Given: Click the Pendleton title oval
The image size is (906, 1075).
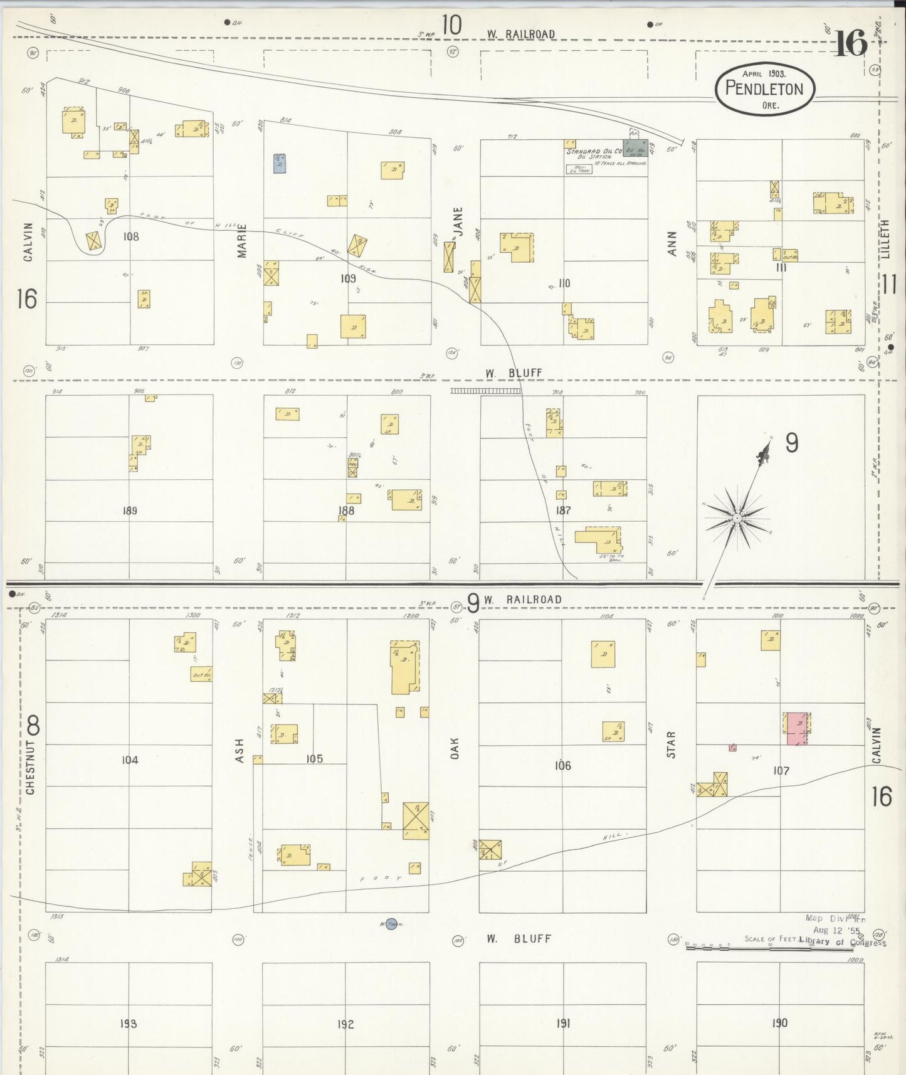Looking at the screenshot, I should click(764, 88).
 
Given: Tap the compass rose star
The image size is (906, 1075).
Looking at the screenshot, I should click(737, 518).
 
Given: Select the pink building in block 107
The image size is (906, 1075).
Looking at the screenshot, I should click(797, 729).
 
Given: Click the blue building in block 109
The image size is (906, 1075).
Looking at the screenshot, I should click(280, 163).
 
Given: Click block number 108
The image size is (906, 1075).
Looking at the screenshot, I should click(131, 236).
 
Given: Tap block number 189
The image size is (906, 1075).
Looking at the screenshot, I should click(130, 511).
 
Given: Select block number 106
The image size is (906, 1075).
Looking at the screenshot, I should click(563, 765).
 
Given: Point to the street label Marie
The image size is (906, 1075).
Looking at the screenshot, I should click(242, 241).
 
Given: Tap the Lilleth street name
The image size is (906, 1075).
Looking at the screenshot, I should click(885, 239).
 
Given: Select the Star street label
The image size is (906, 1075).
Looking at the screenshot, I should click(671, 744).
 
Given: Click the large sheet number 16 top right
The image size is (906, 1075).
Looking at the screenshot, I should click(850, 43).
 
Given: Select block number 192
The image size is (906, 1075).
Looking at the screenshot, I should click(345, 1024).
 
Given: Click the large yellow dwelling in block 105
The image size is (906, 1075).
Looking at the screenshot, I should click(405, 667).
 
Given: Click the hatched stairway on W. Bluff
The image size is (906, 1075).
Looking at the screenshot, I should click(485, 391).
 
